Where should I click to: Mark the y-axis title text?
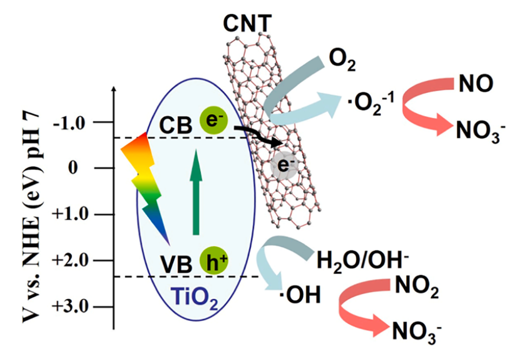tap(34, 217)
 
